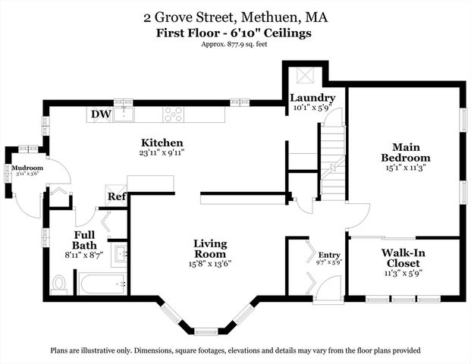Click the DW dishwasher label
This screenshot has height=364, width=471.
click(99, 115)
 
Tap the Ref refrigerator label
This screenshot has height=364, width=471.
click(116, 196)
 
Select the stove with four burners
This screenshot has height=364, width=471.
click(174, 115)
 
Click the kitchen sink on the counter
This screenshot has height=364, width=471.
click(124, 115)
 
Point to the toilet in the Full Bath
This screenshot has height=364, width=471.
click(60, 284)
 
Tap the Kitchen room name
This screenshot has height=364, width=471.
click(162, 143)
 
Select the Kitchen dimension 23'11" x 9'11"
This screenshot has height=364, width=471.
click(162, 152)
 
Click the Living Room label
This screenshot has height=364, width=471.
click(209, 249)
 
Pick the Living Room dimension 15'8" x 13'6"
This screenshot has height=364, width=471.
click(209, 264)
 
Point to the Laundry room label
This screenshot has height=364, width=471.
click(312, 98)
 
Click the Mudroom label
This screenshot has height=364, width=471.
click(27, 168)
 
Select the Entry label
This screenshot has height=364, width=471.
click(330, 255)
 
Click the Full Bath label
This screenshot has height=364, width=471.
click(83, 240)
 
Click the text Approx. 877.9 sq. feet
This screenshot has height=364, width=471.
click(235, 44)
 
